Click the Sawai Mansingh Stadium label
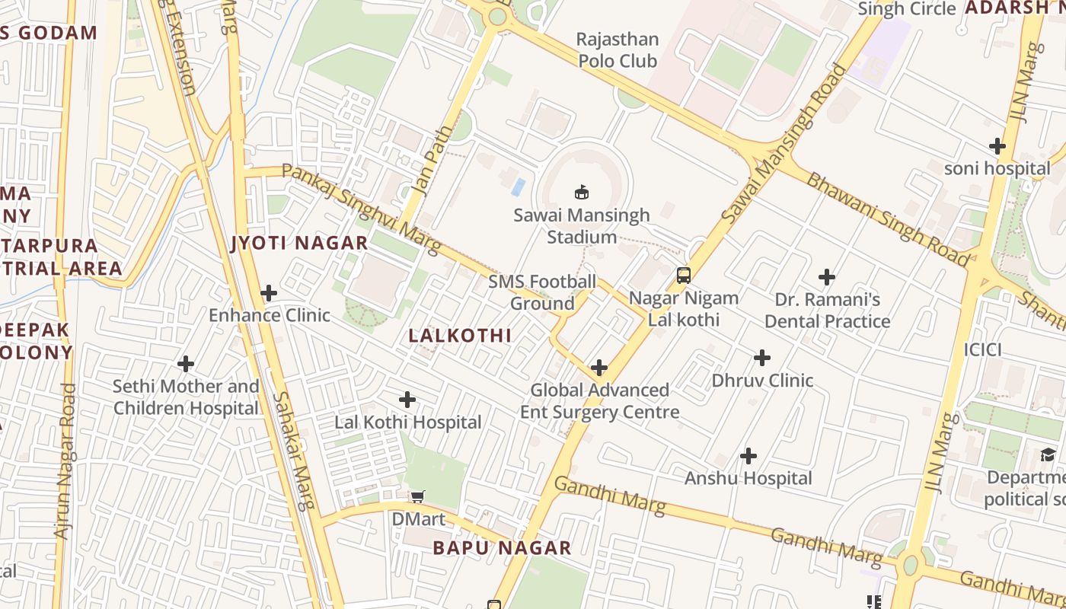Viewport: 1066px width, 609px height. pos(582,226)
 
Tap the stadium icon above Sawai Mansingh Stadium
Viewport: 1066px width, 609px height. pos(582,191)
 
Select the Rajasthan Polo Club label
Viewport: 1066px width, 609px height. pos(617,49)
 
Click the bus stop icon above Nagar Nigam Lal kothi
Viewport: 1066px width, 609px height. pos(684,275)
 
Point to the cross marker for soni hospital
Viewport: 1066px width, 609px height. pos(997,146)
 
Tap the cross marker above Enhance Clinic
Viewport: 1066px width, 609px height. pos(268,292)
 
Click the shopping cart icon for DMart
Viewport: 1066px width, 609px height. pos(417,498)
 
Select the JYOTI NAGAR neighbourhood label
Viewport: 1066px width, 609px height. pos(299,244)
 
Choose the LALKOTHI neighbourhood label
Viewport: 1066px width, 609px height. pos(460,336)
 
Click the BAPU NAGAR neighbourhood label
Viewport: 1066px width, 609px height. pos(502,548)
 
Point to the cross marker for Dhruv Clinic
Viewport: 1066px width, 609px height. pos(762,358)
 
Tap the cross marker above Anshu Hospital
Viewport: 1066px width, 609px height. pos(748,456)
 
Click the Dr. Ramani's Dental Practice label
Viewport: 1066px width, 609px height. pos(827,310)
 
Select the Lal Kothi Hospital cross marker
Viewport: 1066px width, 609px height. pos(407,399)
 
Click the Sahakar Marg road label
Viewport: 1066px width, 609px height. pos(292,451)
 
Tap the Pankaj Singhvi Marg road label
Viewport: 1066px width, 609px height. pos(362,209)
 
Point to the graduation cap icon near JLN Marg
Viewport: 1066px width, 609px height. pos(1048,454)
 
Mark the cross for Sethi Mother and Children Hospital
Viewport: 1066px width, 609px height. pos(185,364)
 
